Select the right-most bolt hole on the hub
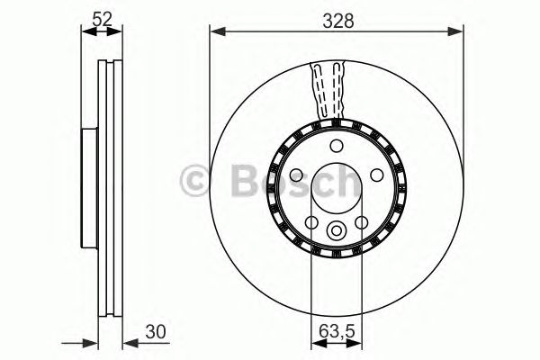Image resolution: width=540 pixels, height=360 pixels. pos(376,175)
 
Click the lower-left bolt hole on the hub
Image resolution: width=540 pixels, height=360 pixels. pos(311,223)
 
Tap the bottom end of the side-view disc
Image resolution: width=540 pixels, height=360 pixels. pos(110,318)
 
